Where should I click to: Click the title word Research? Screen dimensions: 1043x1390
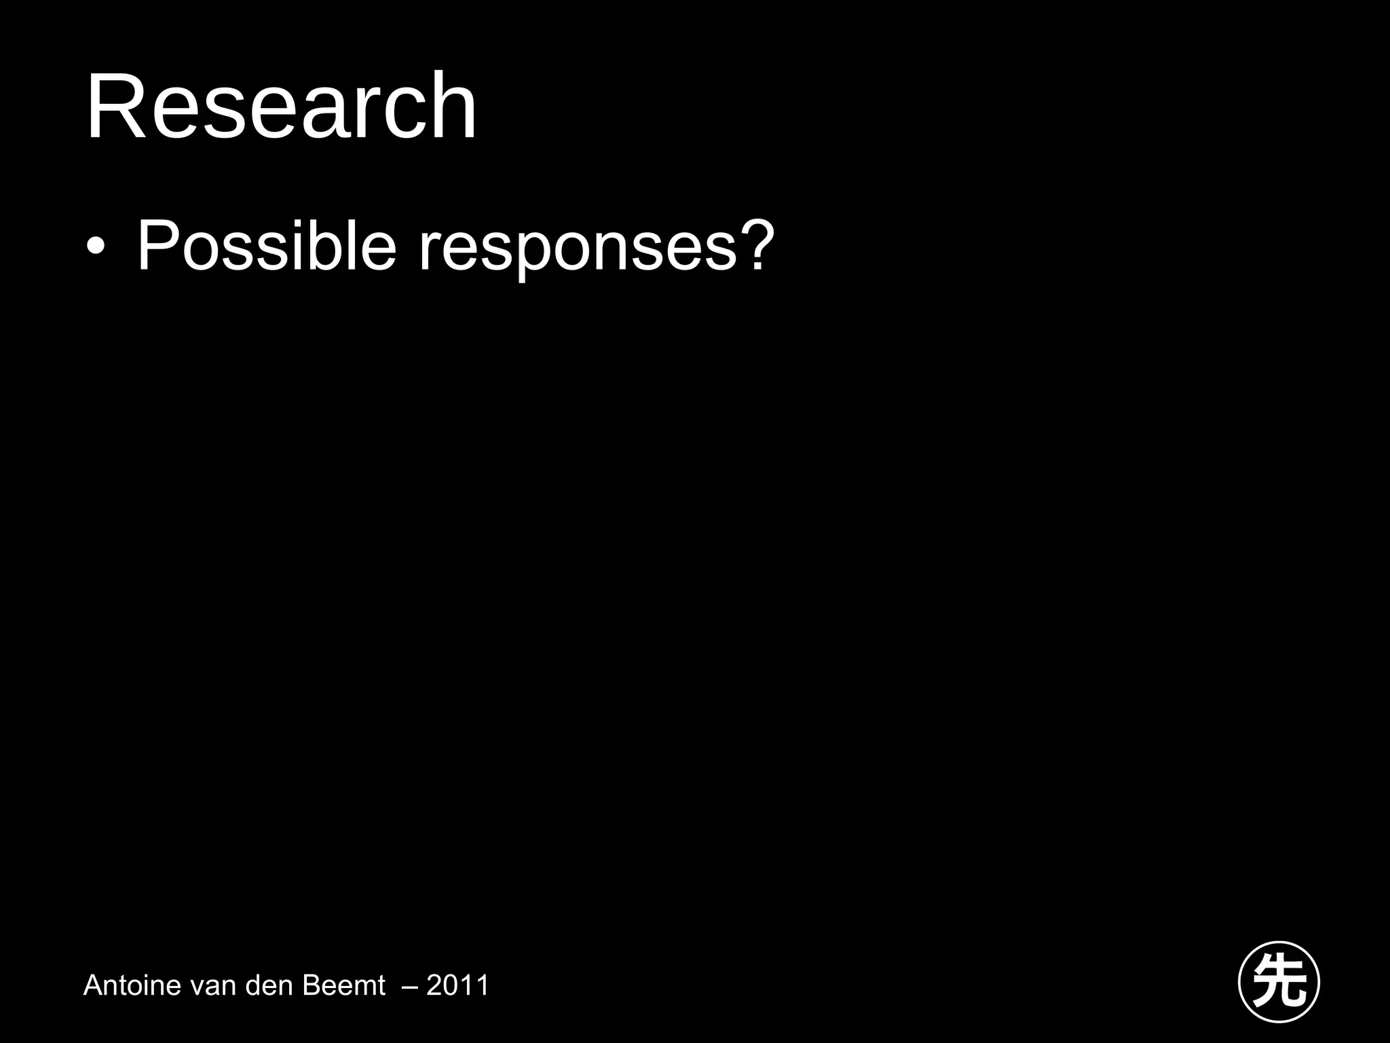point(281,107)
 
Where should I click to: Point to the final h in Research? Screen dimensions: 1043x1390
point(454,107)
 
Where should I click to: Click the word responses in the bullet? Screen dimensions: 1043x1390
point(577,251)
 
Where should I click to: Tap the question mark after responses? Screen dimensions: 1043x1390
point(756,244)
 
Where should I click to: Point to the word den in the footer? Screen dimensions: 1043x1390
point(270,985)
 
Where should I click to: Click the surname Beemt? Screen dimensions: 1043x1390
point(343,985)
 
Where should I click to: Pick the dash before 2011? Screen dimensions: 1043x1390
point(410,986)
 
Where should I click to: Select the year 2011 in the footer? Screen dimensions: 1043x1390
point(457,985)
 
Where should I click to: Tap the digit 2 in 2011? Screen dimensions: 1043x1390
point(435,985)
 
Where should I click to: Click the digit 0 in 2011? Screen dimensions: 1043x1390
point(451,985)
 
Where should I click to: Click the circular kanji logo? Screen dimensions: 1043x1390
point(1279,982)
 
